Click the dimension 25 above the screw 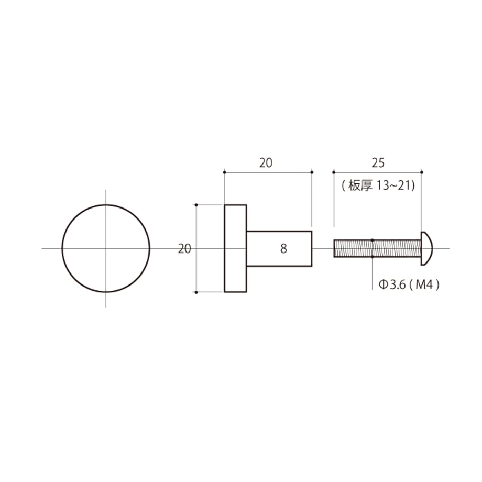tap(378, 163)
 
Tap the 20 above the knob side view tap(266, 163)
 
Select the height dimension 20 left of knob tap(184, 249)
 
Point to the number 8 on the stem tap(283, 249)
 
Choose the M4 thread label tap(424, 285)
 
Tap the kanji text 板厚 tap(360, 185)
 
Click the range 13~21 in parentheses tap(395, 185)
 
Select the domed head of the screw tap(426, 248)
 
